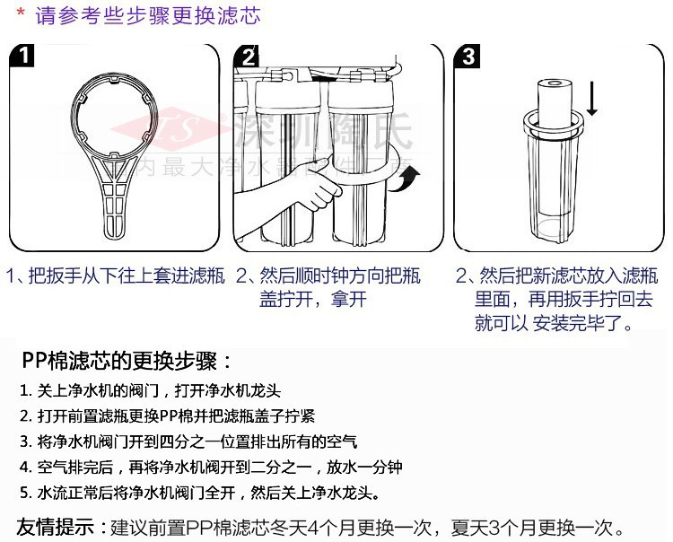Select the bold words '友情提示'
pyautogui.click(x=56, y=526)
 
